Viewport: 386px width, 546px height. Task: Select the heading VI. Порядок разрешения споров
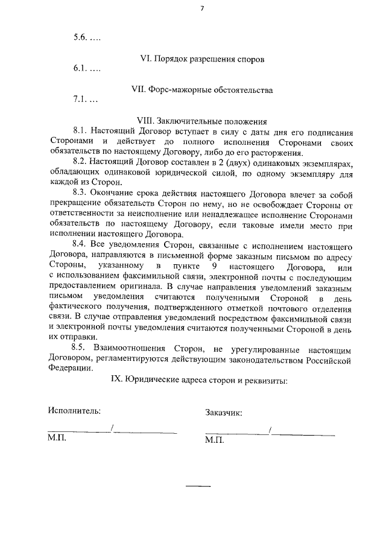(x=202, y=59)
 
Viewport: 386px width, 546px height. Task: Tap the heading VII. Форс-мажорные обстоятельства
(x=202, y=90)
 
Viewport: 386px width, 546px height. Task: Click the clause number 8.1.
(x=80, y=131)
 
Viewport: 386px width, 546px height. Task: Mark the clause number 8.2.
(x=80, y=162)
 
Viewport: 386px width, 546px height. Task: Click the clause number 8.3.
(x=80, y=192)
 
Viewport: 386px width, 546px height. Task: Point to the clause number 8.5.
(x=80, y=348)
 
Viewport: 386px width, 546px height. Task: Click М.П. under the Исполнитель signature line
(x=57, y=439)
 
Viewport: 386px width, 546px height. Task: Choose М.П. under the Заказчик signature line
(x=214, y=440)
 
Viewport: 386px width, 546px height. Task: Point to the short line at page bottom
(x=198, y=486)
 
